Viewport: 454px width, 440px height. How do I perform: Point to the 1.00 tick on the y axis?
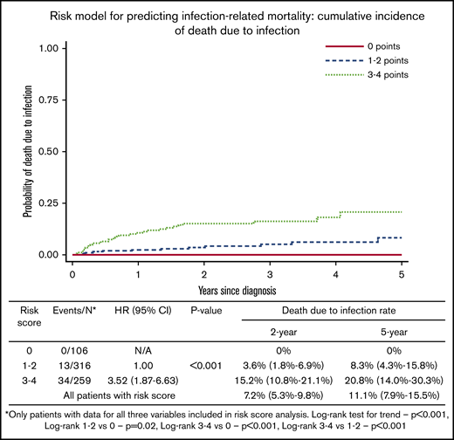coord(46,48)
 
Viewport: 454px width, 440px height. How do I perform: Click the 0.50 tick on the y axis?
coord(46,151)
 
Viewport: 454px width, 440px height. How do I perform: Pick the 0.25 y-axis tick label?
coord(46,203)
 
